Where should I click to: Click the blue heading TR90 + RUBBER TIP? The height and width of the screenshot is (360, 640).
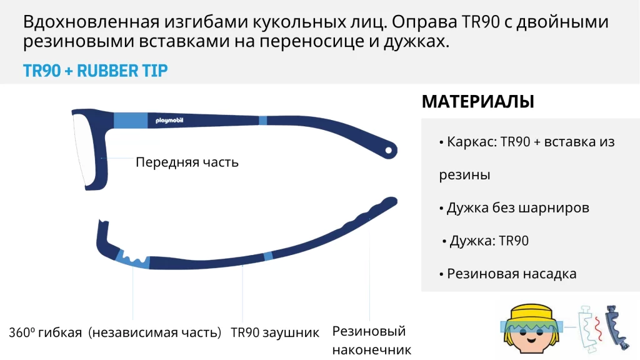click(x=95, y=71)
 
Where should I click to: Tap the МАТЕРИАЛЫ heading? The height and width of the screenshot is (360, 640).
click(x=477, y=102)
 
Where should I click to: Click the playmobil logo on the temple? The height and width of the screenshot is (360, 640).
click(x=169, y=121)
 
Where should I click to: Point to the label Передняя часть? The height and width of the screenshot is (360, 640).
click(x=187, y=162)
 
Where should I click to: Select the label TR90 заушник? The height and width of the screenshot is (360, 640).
click(x=275, y=332)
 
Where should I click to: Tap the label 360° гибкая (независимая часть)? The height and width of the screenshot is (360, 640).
click(x=115, y=332)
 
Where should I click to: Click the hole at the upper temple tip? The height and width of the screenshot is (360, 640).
click(x=389, y=151)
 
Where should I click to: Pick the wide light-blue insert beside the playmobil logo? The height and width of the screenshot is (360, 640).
click(x=131, y=121)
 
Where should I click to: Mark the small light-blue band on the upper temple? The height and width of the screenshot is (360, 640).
click(x=263, y=120)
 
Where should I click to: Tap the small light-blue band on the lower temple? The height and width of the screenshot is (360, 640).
click(x=267, y=256)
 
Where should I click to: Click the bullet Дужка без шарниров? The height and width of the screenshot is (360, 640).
click(x=514, y=207)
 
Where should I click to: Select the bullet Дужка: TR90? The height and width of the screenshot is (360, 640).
click(x=485, y=241)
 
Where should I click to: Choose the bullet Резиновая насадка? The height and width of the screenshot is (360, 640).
click(x=507, y=274)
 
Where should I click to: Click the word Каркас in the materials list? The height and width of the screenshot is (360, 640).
click(x=471, y=142)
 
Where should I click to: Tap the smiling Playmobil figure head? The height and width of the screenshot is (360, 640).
click(x=531, y=329)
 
